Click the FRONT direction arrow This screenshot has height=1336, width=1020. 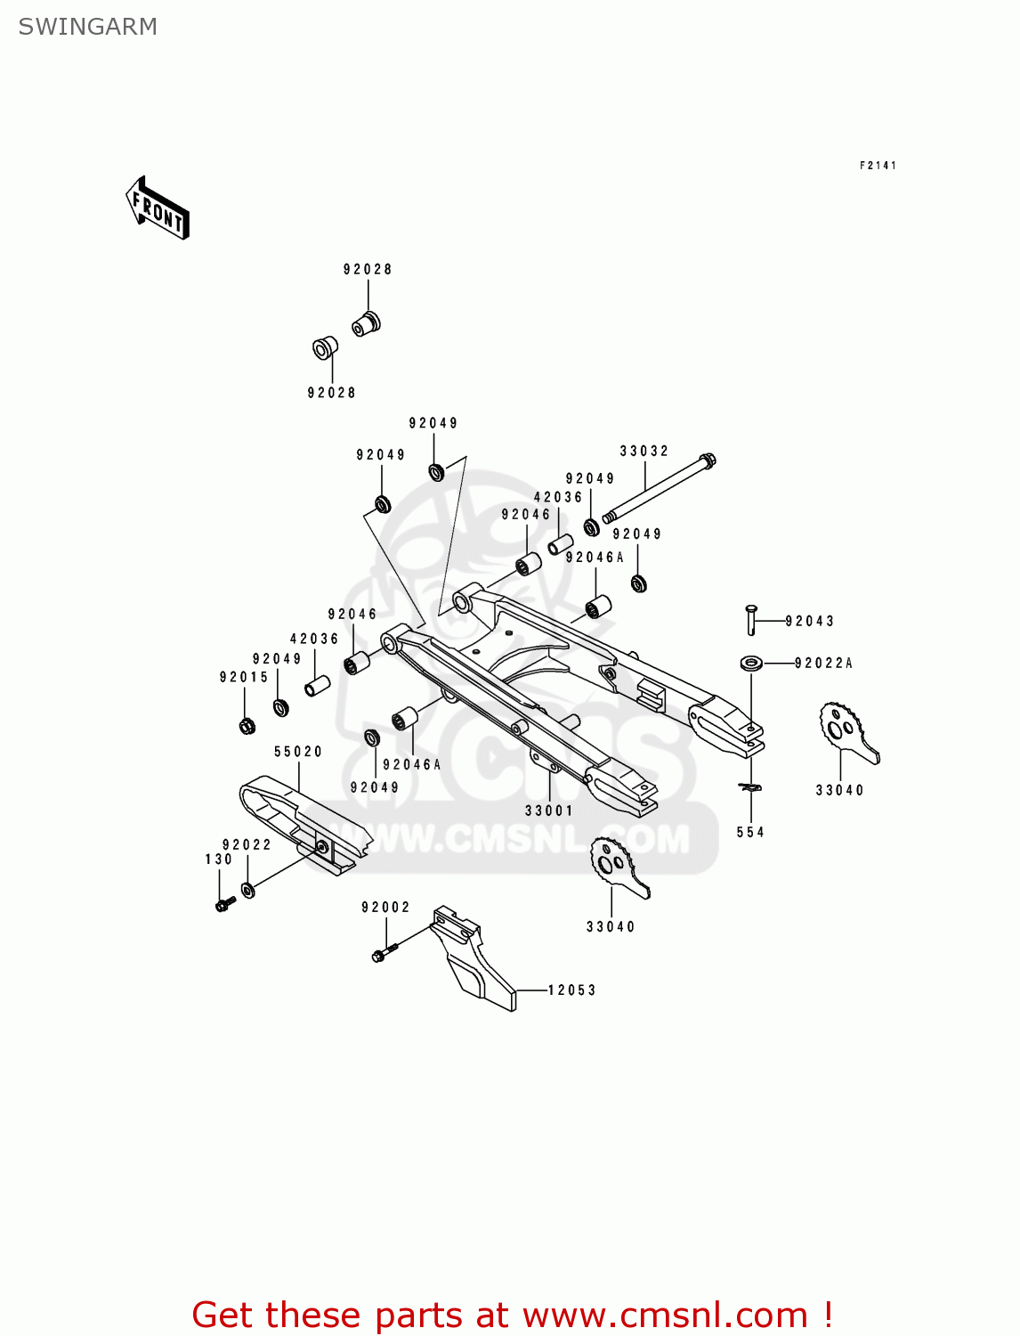pos(158,208)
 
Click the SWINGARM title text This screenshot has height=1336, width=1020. pos(87,27)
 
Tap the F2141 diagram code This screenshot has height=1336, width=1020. pos(878,166)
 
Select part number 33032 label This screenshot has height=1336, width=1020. pos(644,452)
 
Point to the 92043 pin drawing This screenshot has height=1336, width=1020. pos(751,619)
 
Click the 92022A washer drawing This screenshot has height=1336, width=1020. pos(751,663)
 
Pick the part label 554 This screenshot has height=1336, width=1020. pos(750,832)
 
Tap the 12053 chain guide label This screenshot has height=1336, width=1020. pos(571,990)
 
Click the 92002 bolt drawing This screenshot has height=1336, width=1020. pos(381,955)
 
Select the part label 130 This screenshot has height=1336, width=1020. pos(219,859)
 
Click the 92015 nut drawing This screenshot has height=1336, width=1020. pos(247,725)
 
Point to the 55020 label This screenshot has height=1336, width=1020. pos(298,752)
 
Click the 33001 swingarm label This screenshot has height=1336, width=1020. pos(549,811)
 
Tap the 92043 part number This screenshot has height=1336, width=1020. pos(809,622)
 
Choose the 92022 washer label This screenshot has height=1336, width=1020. pos(247,844)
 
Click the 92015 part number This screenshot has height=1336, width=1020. pos(244,677)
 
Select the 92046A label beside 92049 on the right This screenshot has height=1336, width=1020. pos(595,558)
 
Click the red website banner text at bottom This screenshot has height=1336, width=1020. pos(513,1315)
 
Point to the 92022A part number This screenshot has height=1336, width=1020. pos(823,663)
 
